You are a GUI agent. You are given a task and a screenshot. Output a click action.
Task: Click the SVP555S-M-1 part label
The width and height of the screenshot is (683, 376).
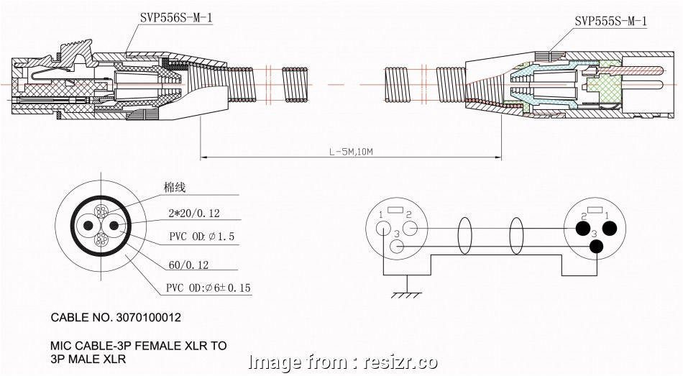pos(610,22)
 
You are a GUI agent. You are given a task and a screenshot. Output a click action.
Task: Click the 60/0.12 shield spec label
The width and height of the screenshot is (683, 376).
pos(188,265)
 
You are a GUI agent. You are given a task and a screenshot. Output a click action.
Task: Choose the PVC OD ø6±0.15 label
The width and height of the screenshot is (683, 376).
pos(208,288)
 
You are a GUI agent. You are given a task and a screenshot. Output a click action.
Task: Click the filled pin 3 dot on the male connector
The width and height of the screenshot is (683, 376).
pos(596,247)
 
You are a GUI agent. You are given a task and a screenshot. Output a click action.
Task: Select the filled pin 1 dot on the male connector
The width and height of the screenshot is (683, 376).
pos(610,229)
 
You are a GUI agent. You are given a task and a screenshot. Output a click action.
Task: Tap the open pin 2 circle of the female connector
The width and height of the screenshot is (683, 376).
pos(411,229)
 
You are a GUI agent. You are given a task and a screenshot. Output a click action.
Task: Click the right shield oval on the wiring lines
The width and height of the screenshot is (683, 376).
pos(516,237)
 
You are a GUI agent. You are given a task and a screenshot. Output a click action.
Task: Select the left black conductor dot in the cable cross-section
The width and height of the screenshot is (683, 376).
pos(88,226)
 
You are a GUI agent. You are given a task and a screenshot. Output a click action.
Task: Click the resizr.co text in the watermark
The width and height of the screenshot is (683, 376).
pos(399,362)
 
